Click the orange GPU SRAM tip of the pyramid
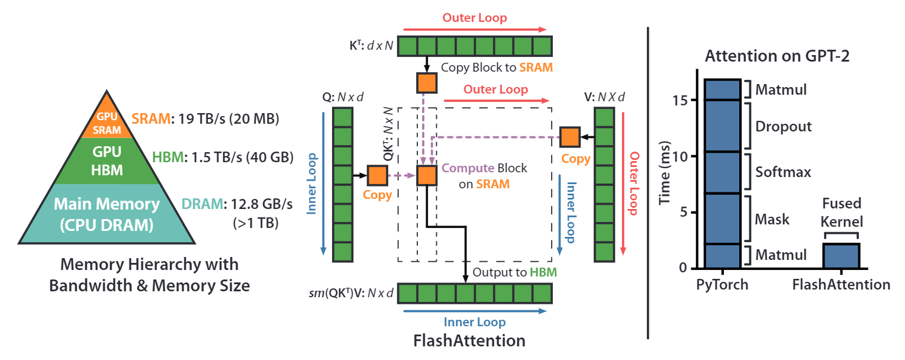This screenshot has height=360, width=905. click(107, 119)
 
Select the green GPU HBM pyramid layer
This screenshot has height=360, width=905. click(107, 161)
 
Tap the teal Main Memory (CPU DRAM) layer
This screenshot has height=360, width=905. click(107, 214)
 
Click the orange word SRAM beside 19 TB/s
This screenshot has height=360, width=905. click(151, 119)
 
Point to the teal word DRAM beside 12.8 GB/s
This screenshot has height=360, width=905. click(202, 204)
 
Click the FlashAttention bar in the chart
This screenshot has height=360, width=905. click(842, 256)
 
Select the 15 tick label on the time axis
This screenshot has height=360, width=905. click(680, 100)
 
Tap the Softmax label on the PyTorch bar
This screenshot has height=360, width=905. click(783, 172)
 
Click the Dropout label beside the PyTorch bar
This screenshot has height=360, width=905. click(784, 127)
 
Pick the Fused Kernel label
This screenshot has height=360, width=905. click(842, 212)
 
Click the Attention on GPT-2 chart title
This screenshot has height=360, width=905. click(777, 56)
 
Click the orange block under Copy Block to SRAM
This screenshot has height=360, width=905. click(427, 83)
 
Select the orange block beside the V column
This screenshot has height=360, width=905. click(569, 137)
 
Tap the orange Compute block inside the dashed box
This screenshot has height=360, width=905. click(427, 175)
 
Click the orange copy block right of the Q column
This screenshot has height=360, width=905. click(378, 175)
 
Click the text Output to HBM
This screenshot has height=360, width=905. click(514, 272)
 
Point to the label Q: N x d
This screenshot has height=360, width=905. click(343, 97)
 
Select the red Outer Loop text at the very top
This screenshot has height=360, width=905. click(474, 18)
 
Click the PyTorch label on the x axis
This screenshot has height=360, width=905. click(722, 285)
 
